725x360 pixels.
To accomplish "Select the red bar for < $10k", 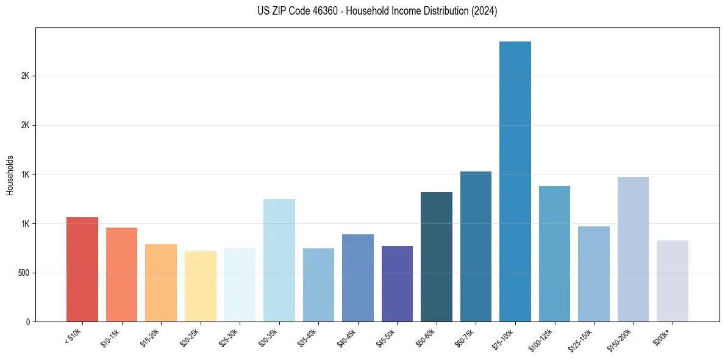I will [x=82, y=269].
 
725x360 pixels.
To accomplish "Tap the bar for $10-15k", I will [x=121, y=275].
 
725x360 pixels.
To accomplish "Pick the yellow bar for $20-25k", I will [x=201, y=286].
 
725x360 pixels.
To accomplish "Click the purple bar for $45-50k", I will [x=397, y=284].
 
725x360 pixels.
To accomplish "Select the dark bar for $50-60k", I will [x=437, y=257].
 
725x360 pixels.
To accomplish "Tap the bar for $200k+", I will [x=673, y=281].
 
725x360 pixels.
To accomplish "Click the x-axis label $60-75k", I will [x=465, y=337].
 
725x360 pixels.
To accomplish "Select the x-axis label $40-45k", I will [x=347, y=337].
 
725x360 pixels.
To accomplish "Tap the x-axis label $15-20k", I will [x=150, y=337].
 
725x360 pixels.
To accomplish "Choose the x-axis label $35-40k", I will [x=308, y=337].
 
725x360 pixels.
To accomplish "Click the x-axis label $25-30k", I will [x=229, y=337].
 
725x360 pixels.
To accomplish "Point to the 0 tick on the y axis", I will [x=27, y=322].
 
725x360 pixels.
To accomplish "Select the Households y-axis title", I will [x=10, y=175].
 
